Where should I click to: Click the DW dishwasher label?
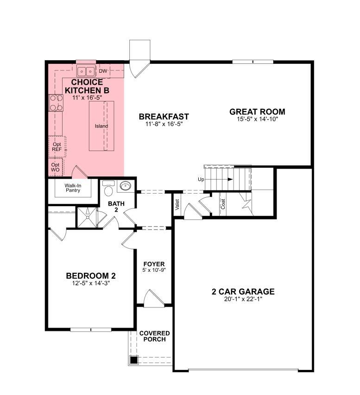(x=103, y=71)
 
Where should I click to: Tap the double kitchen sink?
(x=86, y=71)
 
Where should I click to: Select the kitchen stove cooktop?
(x=56, y=103)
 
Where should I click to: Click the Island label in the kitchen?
(x=101, y=126)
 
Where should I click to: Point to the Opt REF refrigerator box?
(x=57, y=147)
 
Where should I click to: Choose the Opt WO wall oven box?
(x=56, y=167)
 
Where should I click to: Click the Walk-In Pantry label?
(x=73, y=188)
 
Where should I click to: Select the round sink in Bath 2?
(x=125, y=186)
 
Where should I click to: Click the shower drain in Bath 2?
(x=88, y=217)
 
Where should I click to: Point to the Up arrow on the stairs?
(x=219, y=179)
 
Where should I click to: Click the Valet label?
(x=177, y=205)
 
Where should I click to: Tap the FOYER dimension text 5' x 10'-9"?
(x=154, y=270)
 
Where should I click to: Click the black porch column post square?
(x=134, y=360)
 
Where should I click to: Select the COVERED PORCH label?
(x=155, y=336)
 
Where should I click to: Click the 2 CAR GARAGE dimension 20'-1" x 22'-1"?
(x=243, y=299)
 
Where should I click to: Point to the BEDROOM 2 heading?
(x=91, y=276)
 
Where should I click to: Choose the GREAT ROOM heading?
(x=257, y=112)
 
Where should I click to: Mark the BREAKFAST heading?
(x=164, y=117)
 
